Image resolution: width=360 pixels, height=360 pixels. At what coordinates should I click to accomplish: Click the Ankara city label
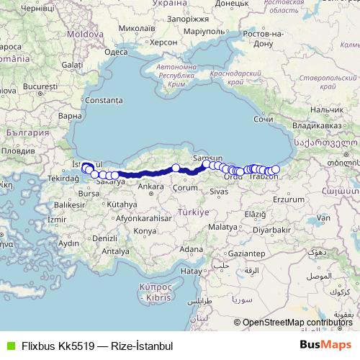pyautogui.click(x=151, y=186)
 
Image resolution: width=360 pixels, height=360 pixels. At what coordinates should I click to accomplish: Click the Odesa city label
pyautogui.click(x=116, y=52)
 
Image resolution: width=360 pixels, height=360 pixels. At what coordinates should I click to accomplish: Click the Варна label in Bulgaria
pyautogui.click(x=70, y=115)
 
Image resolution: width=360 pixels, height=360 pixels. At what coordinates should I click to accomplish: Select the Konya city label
pyautogui.click(x=145, y=230)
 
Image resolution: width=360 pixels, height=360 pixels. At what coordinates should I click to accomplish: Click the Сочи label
pyautogui.click(x=264, y=119)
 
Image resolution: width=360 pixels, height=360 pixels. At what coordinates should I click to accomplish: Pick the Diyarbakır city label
pyautogui.click(x=278, y=230)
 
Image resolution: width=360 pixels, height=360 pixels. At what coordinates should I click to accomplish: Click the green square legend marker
pyautogui.click(x=9, y=345)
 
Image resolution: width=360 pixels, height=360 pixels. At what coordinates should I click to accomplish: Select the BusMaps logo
pyautogui.click(x=325, y=345)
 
